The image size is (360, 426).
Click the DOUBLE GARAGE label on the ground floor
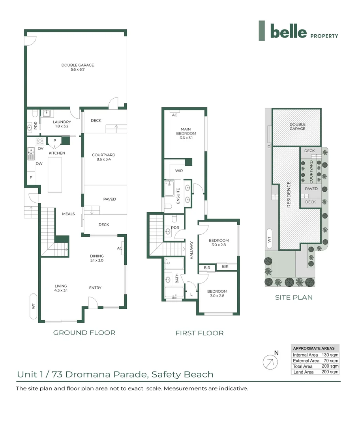click(77, 65)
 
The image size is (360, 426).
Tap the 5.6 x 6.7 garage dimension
click(77, 69)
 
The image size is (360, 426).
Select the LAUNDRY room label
click(62, 122)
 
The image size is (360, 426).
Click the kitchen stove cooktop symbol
click(40, 141)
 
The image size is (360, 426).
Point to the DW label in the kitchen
click(39, 164)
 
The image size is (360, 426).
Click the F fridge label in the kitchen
click(31, 177)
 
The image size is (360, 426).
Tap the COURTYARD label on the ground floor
click(103, 155)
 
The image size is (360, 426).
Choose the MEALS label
click(68, 214)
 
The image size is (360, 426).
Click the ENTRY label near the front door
click(95, 288)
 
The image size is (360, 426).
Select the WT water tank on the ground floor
click(33, 306)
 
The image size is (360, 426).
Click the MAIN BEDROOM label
click(186, 131)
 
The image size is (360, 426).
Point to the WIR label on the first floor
click(179, 171)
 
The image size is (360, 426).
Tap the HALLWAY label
click(191, 250)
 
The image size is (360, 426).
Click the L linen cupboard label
click(191, 295)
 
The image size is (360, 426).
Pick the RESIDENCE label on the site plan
click(289, 194)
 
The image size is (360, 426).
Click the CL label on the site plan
click(269, 146)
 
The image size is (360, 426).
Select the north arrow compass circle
click(270, 362)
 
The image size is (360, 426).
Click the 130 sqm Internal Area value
click(330, 355)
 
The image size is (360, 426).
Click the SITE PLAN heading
click(294, 297)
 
